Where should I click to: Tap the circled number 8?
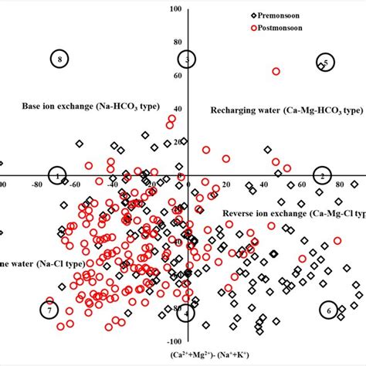click(59, 59)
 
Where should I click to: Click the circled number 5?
click(325, 63)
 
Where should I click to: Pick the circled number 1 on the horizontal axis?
click(58, 176)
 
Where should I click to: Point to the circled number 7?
click(49, 310)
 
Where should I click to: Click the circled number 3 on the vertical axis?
click(187, 59)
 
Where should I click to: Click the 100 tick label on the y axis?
click(176, 9)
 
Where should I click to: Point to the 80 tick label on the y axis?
click(178, 42)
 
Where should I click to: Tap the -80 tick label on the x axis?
click(36, 185)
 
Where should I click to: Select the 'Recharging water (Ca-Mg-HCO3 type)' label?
click(286, 110)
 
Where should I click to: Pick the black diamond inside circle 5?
click(321, 66)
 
